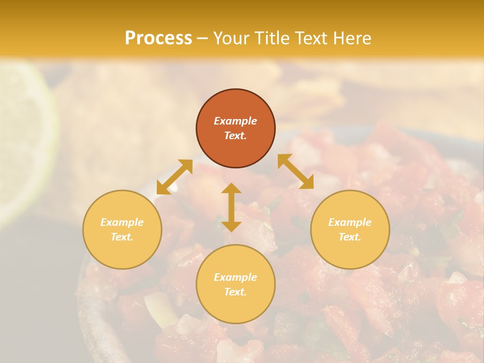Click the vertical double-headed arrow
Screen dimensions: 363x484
231,207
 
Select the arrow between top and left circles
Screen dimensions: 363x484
174,177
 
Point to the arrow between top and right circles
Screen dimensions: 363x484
295,171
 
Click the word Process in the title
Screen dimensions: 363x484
158,38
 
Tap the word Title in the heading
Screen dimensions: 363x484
271,38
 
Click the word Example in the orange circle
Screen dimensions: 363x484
235,121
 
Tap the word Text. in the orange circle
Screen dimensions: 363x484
235,136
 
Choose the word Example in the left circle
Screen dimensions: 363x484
122,222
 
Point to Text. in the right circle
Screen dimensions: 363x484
350,237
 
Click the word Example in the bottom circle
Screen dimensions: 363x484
235,277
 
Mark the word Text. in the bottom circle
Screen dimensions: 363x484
235,292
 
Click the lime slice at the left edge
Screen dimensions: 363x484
25,141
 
